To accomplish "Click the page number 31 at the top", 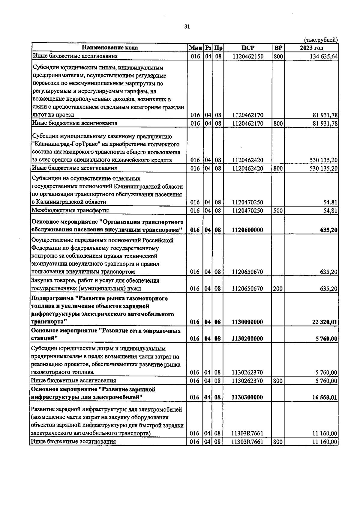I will [187, 27].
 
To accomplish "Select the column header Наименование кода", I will [110, 48].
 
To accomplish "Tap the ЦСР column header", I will [247, 48].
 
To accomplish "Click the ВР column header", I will [278, 48].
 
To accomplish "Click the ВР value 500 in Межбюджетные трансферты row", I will [278, 210].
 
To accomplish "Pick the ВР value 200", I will [278, 289].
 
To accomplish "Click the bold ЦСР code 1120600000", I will [247, 230].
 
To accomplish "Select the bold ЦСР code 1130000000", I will [247, 322].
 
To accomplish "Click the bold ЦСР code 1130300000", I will [247, 397].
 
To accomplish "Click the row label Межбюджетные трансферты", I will [70, 210].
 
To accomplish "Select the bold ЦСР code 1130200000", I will [247, 339].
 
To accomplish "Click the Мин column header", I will [195, 48].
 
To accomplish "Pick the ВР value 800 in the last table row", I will [278, 442].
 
